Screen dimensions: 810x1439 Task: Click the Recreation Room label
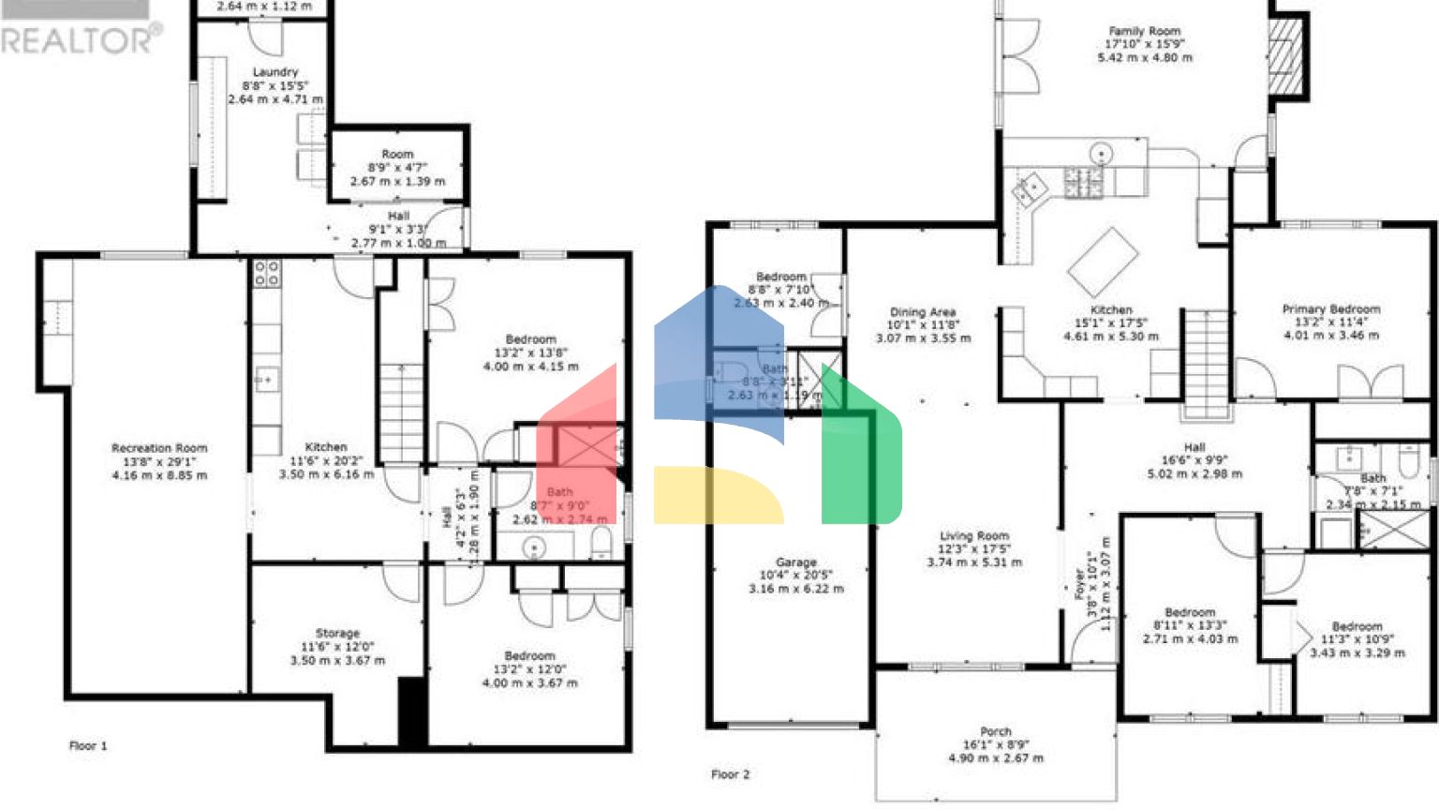pos(159,448)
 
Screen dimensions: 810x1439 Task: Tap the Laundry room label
pos(274,72)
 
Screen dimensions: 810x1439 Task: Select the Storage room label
pos(337,634)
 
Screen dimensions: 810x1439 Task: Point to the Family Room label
pos(1145,31)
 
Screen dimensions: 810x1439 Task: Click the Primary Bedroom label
pos(1330,308)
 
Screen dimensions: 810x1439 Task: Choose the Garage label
pos(795,562)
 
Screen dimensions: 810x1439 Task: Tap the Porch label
pos(995,731)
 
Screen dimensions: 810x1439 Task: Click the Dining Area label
pos(923,312)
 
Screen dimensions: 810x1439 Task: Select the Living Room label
pos(974,536)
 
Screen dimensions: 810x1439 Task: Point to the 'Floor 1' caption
pos(88,746)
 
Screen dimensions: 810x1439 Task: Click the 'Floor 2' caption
pos(730,774)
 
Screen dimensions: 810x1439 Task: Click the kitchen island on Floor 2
pos(1103,262)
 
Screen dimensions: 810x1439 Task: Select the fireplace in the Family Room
pos(1285,56)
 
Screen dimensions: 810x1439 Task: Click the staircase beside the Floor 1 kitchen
pos(401,412)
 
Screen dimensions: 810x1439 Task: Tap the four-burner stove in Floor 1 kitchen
pos(266,273)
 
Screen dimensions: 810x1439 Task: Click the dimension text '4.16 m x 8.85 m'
pos(159,475)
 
